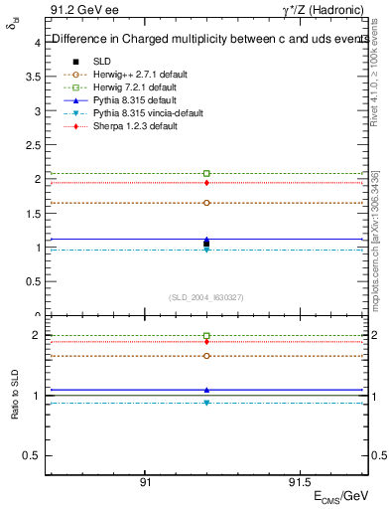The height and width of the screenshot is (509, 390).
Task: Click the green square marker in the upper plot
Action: coord(206,173)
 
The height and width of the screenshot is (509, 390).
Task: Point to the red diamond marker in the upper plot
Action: coord(206,183)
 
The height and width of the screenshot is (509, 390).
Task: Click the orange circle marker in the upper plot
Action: coord(206,203)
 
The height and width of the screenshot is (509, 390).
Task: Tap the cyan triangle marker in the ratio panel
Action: coord(206,403)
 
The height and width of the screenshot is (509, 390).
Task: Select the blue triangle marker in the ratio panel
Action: coord(206,390)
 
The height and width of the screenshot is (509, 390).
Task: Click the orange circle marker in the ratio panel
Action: coord(206,356)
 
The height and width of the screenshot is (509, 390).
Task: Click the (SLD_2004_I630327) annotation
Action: coord(206,297)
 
